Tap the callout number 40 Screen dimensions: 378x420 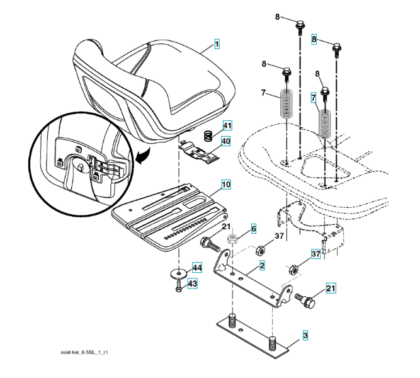pyautogui.click(x=226, y=141)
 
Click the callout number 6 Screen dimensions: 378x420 pyautogui.click(x=254, y=229)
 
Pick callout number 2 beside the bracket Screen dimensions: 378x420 pyautogui.click(x=261, y=266)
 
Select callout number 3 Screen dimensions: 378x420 pyautogui.click(x=305, y=335)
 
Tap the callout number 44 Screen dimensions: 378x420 pyautogui.click(x=197, y=268)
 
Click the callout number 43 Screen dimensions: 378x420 pyautogui.click(x=192, y=284)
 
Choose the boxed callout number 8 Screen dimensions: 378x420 pyautogui.click(x=314, y=40)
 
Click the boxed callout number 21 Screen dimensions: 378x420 pyautogui.click(x=331, y=289)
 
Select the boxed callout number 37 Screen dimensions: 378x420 pyautogui.click(x=315, y=253)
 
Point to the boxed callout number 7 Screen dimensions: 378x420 pyautogui.click(x=313, y=99)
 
